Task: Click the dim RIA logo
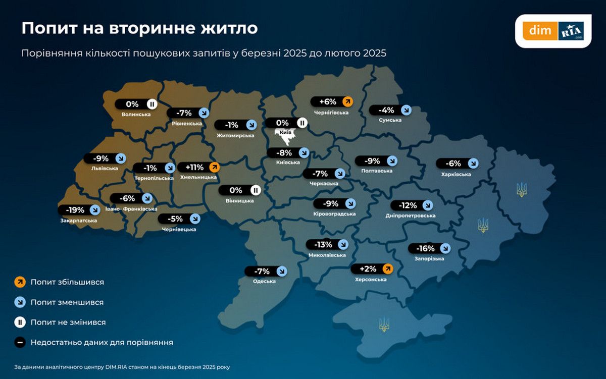[553, 31]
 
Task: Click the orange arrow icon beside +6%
[347, 101]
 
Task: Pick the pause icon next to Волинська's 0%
[151, 104]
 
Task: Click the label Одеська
[264, 281]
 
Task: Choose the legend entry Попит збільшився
[67, 282]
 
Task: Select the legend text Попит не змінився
[68, 322]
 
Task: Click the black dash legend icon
[19, 342]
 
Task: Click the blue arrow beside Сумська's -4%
[406, 110]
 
